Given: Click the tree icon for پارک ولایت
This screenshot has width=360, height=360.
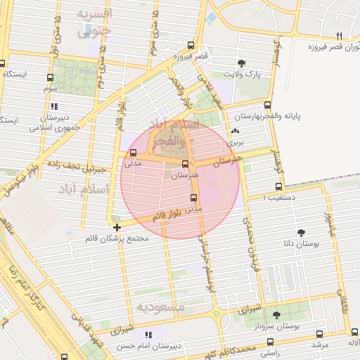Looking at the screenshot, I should point(242,63).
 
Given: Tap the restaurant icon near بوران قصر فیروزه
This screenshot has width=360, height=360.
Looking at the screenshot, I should point(338,36).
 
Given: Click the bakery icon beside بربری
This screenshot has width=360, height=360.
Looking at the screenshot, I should point(234,131).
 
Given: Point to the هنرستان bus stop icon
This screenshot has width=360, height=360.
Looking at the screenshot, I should point(185,163).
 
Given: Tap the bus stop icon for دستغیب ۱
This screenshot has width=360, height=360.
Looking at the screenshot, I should point(279,187).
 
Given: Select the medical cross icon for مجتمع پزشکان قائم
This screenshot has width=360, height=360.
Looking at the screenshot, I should point(117,226).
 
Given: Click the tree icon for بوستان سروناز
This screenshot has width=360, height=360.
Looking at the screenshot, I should point(276,315).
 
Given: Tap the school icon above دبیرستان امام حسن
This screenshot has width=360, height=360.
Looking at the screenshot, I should point(148,335).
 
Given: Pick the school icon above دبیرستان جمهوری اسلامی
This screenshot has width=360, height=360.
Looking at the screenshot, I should point(53,107).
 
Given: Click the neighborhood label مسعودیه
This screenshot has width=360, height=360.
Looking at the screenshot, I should point(160,308).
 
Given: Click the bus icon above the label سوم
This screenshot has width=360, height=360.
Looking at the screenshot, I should point(49,79).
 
